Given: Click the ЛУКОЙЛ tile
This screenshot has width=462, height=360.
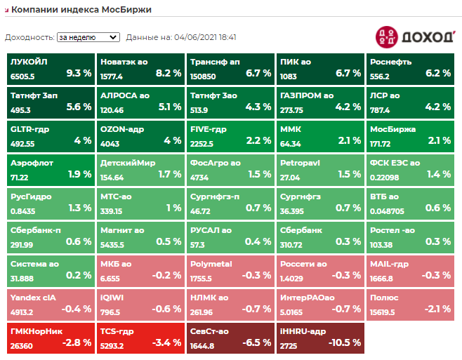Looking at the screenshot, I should [51, 68].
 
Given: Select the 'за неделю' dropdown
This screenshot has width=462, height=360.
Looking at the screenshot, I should [88, 37].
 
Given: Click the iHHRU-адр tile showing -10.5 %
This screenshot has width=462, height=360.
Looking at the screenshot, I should [320, 337].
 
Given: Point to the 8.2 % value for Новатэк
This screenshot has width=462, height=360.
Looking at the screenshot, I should [168, 73].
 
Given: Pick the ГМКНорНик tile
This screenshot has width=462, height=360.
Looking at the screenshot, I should [51, 337].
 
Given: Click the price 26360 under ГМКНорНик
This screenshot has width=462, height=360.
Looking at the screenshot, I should [22, 345].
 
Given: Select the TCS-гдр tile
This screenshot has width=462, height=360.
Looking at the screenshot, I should [140, 337].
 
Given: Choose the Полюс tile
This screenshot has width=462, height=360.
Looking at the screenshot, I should [410, 303].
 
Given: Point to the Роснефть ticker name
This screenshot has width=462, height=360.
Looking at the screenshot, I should [391, 62].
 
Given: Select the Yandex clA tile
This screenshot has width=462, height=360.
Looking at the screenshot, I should [51, 303].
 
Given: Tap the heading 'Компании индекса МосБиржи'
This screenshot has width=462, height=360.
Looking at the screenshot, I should [81, 10].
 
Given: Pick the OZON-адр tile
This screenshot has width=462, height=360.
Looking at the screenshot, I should [140, 135].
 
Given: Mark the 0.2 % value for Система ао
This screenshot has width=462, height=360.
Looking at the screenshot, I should [78, 275].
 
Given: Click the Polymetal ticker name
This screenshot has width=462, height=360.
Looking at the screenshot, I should [211, 264].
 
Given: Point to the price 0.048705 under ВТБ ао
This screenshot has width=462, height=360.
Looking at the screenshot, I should [388, 211].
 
